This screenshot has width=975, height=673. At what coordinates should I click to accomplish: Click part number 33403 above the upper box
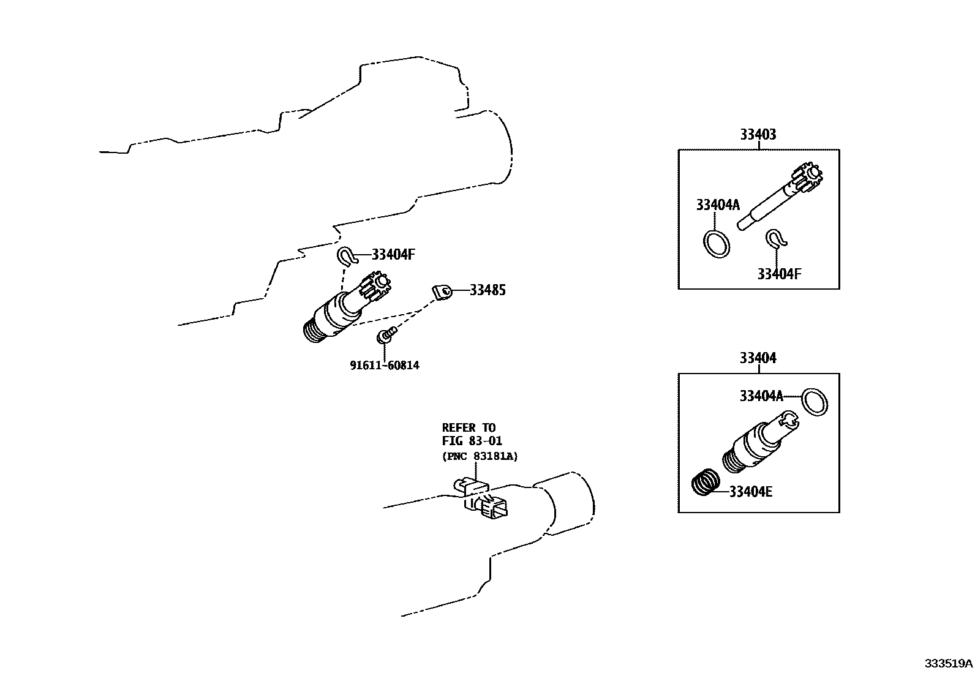click(758, 135)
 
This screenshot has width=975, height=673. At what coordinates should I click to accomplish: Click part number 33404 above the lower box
click(758, 358)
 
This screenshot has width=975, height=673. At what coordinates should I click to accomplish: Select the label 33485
click(487, 290)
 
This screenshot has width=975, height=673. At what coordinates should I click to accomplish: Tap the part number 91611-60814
click(385, 366)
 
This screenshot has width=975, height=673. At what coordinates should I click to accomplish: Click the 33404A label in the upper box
click(717, 205)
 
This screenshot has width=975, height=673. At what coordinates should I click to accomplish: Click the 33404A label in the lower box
click(761, 396)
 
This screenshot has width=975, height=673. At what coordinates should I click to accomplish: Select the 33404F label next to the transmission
click(393, 255)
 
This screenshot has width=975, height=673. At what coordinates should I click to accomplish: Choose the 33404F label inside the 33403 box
click(778, 274)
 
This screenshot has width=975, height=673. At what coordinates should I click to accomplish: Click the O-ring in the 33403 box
click(716, 244)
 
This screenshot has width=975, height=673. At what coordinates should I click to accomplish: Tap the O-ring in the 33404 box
click(815, 402)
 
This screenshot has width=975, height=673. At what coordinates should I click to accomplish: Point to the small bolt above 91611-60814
click(385, 335)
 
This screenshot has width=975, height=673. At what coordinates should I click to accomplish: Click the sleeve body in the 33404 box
click(750, 447)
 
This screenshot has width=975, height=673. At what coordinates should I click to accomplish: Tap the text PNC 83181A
click(479, 456)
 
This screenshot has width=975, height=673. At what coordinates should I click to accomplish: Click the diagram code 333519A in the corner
click(948, 663)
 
